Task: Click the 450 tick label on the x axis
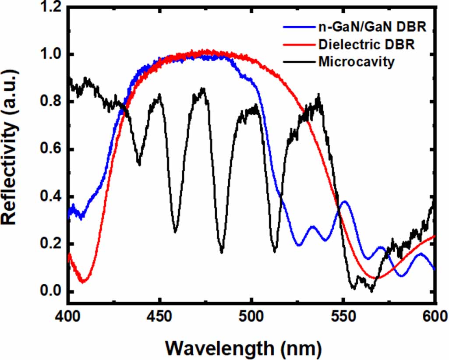pos(160,316)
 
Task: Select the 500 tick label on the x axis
pos(251,316)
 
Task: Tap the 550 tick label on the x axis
pos(343,316)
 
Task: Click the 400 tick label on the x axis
pos(68,316)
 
